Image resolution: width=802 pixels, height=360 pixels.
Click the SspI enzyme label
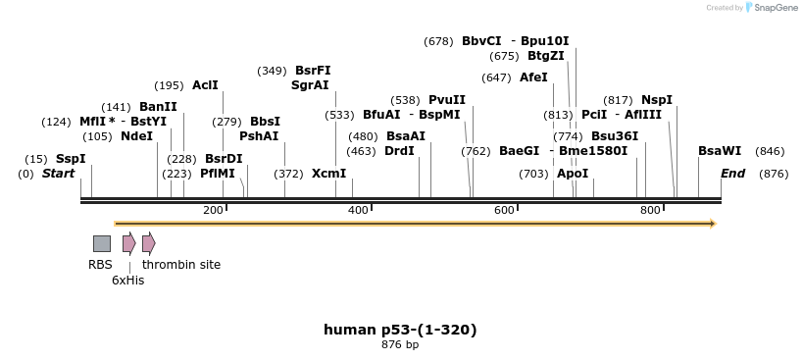tap(71, 159)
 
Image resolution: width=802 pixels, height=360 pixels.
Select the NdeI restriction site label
tap(136, 136)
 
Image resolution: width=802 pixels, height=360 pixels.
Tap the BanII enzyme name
tap(158, 106)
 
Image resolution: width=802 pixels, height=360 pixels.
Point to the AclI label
tap(205, 85)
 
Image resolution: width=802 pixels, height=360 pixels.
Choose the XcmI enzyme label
tap(328, 174)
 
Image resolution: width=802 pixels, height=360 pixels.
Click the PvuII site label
tap(447, 100)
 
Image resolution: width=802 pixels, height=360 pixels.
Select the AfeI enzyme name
tap(533, 77)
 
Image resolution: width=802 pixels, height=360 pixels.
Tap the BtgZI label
tap(546, 56)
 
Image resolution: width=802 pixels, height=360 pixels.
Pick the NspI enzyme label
tap(657, 100)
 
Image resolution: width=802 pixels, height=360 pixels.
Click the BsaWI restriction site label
tap(720, 151)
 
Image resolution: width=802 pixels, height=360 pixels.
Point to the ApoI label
tap(573, 174)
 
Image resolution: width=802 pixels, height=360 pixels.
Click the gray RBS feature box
tap(102, 243)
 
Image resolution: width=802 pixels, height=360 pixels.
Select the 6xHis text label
tap(127, 281)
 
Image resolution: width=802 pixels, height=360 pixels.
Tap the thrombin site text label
tap(181, 265)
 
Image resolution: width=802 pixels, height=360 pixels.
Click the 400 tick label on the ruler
tap(358, 211)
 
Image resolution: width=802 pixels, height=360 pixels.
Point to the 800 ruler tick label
tap(650, 211)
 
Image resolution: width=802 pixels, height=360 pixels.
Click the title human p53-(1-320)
tap(400, 330)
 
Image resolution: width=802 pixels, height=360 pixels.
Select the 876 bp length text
tap(400, 345)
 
